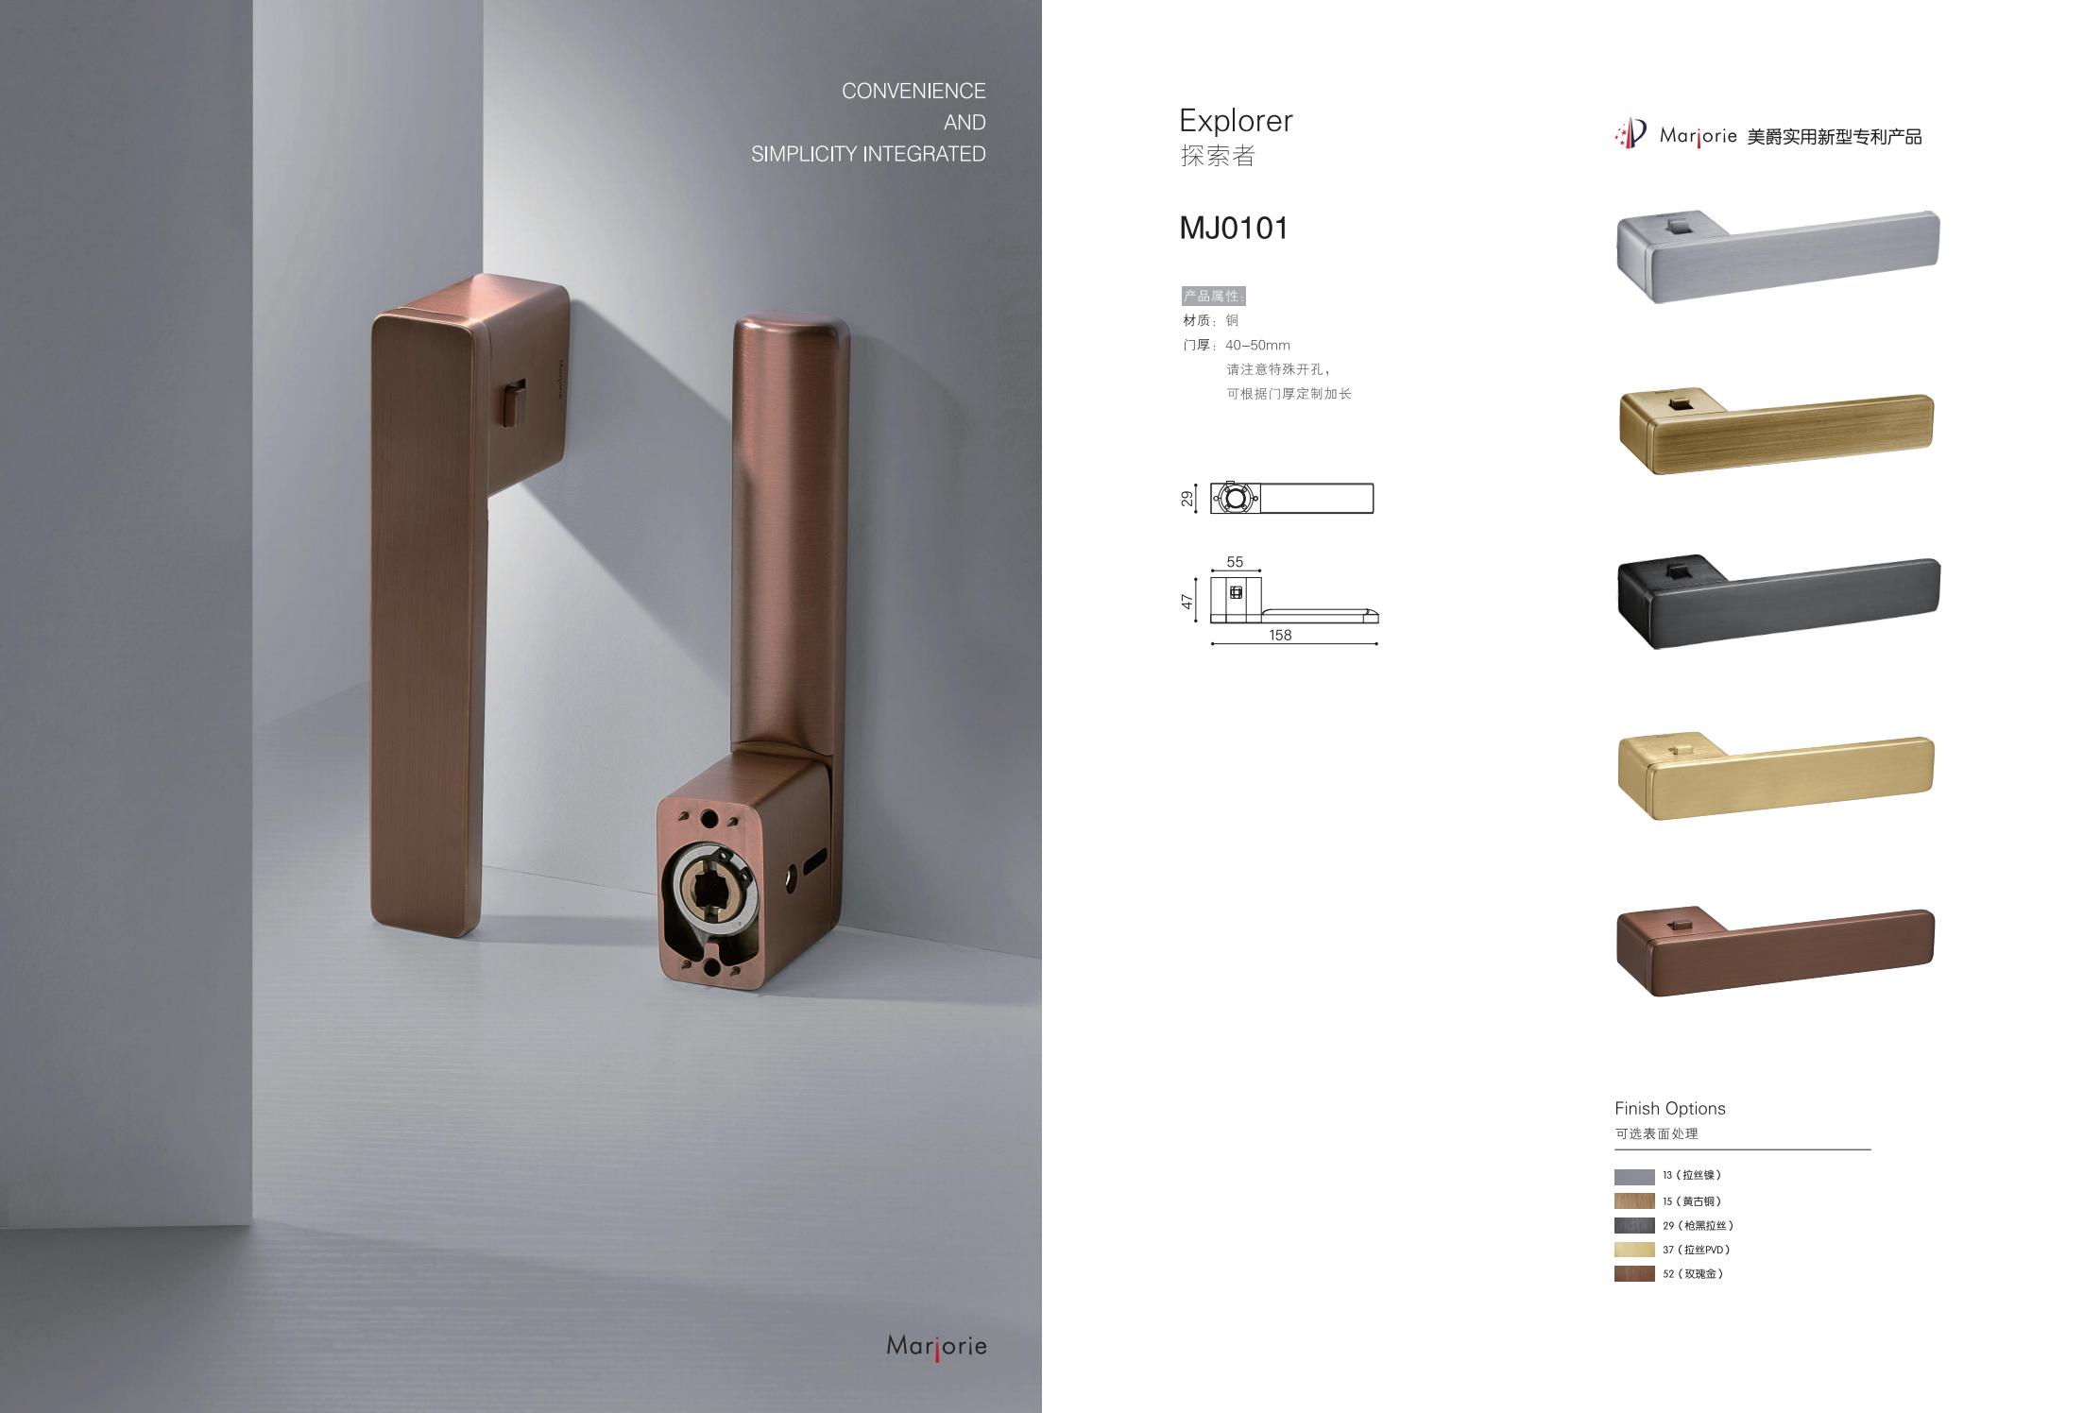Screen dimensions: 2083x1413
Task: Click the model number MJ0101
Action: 1234,229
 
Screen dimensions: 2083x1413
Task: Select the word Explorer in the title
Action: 1236,121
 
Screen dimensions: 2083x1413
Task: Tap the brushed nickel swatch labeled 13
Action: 1634,1177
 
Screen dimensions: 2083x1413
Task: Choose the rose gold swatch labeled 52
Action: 1634,1274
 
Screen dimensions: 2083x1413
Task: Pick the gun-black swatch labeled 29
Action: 1634,1225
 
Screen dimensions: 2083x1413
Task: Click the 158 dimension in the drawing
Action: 1280,636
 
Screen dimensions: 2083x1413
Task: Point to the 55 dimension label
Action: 1235,562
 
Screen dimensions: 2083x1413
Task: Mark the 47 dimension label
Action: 1187,601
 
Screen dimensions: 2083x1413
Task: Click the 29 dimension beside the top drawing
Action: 1187,499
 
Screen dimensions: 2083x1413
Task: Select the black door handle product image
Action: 1778,601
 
